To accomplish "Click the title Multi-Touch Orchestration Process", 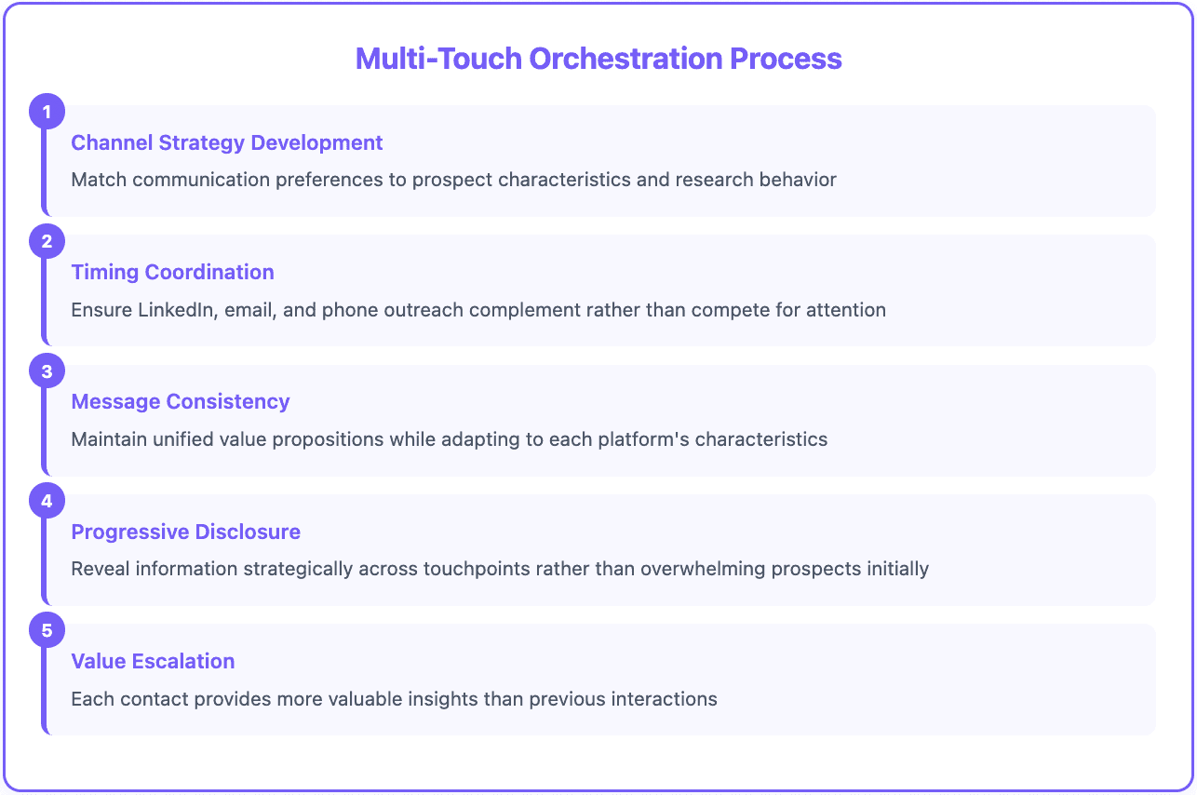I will pos(598,59).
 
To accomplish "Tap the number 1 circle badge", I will pos(47,113).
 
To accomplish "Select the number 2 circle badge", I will pos(47,242).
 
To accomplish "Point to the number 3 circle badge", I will pos(47,371).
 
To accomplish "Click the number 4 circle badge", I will pos(47,502).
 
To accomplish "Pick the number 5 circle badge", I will pos(47,631).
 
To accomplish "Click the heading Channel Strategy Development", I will pos(227,142).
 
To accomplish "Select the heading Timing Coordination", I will pos(172,272).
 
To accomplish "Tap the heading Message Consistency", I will pos(181,401).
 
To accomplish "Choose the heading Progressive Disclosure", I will pos(186,532).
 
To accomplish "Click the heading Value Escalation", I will pos(153,661).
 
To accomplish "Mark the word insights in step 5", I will pos(453,698).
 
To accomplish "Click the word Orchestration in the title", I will pos(626,59).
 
